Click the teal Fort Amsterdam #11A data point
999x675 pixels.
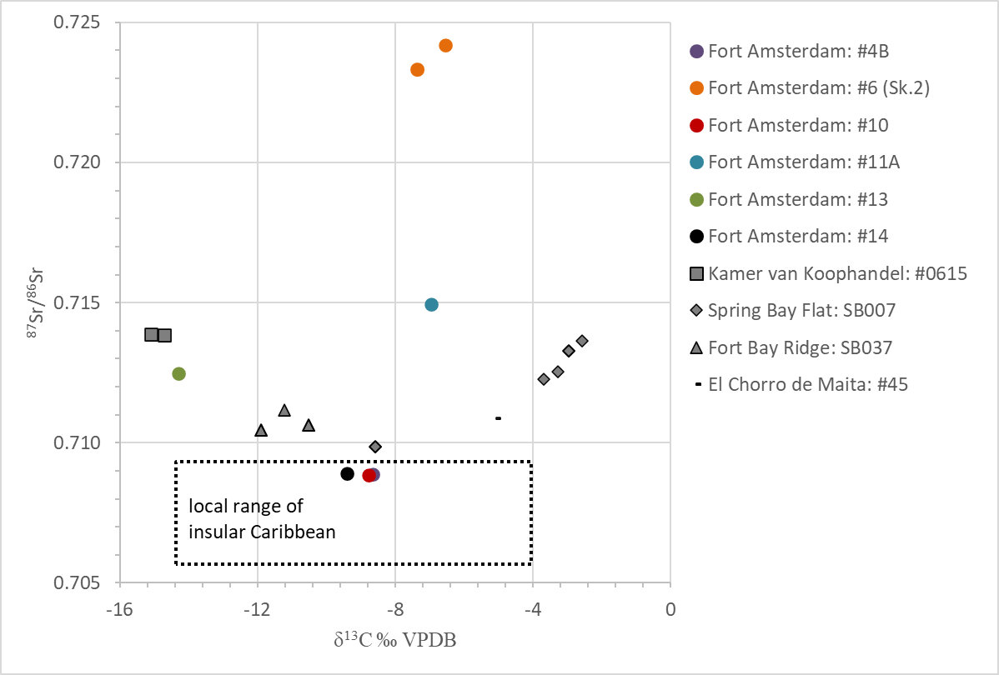(x=431, y=304)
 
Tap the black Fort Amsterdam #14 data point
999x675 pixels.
(x=348, y=474)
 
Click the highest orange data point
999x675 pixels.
(x=445, y=45)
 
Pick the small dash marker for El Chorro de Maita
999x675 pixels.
(x=498, y=417)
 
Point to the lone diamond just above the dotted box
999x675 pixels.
(x=375, y=447)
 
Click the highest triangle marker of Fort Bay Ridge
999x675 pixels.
(x=284, y=410)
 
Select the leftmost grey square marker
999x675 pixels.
(x=151, y=334)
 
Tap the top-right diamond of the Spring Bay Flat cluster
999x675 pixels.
(x=582, y=341)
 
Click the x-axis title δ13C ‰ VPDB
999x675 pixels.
(x=394, y=641)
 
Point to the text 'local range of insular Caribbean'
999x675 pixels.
(x=262, y=518)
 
